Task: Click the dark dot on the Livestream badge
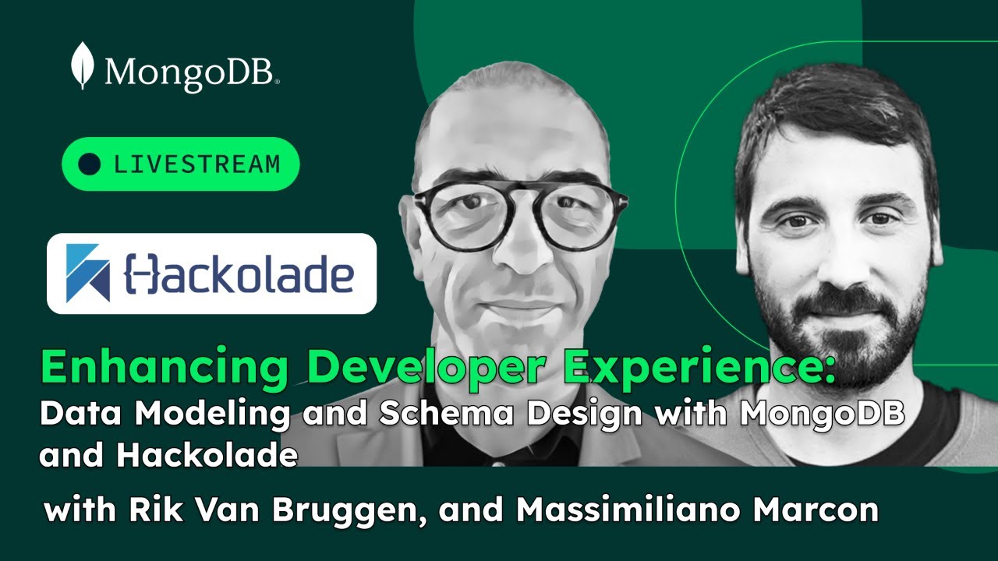90,164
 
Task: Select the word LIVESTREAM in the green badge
196,164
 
